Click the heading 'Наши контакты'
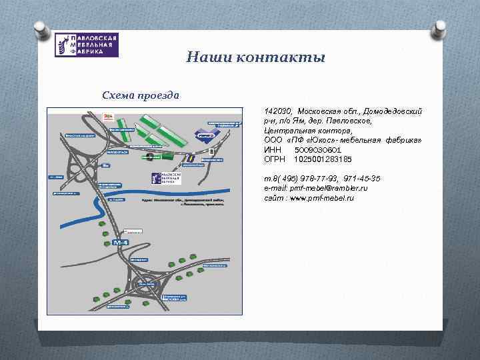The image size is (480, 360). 255,57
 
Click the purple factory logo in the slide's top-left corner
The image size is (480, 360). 87,45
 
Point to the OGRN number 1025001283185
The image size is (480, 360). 323,159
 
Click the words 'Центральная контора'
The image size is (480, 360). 303,131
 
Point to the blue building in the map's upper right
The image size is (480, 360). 204,134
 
